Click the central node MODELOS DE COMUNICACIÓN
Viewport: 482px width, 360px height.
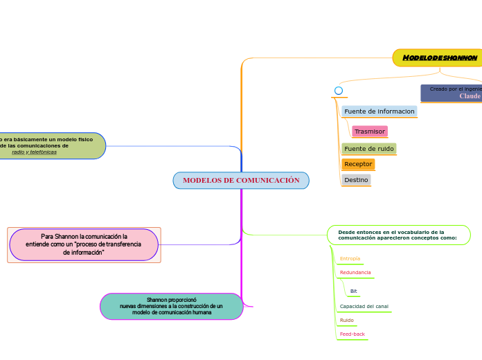(x=241, y=181)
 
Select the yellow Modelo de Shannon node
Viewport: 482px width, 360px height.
(x=438, y=57)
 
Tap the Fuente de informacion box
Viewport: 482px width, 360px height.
(x=380, y=111)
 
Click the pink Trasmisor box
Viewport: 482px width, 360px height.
(x=369, y=132)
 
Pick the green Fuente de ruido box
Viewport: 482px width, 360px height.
(x=369, y=149)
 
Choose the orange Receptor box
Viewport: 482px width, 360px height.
(x=358, y=164)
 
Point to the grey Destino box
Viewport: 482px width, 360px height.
(x=356, y=180)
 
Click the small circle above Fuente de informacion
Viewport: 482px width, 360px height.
(x=339, y=91)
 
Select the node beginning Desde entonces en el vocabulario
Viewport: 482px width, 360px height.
(x=398, y=235)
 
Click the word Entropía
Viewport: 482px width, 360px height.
(x=350, y=259)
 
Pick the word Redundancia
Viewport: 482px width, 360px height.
(x=355, y=273)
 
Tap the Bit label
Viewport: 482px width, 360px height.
(x=354, y=291)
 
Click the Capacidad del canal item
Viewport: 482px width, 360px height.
(x=364, y=306)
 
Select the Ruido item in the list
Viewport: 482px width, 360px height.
(x=346, y=321)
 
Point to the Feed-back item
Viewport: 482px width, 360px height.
(x=352, y=334)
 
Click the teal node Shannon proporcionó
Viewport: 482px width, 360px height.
(x=172, y=306)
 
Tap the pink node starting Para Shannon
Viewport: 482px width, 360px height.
(x=84, y=245)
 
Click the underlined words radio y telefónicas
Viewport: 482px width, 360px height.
(x=35, y=152)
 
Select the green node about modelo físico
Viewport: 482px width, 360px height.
(x=53, y=145)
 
